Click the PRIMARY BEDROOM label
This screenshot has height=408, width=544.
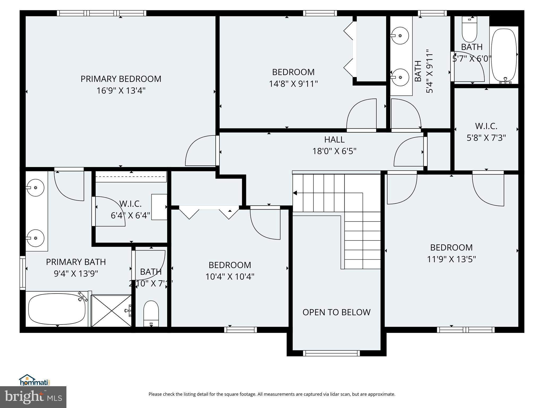point(121,79)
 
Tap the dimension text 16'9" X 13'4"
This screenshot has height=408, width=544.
point(121,91)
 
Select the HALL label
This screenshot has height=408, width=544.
point(334,139)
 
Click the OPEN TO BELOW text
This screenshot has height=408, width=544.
point(336,312)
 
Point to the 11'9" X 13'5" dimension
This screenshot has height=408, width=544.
point(451,259)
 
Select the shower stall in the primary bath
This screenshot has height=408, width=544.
point(111,311)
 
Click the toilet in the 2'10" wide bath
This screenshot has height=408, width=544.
point(151,313)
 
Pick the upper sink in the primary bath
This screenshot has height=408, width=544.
point(35,188)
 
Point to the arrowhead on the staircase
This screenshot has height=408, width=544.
point(295,193)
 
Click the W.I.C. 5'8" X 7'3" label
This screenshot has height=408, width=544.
point(486,132)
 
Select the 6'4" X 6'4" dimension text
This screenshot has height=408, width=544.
point(130,215)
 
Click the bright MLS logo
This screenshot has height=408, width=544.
point(33,397)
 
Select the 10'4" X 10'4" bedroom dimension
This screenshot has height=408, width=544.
point(230,277)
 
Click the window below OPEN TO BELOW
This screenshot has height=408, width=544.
point(331,353)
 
